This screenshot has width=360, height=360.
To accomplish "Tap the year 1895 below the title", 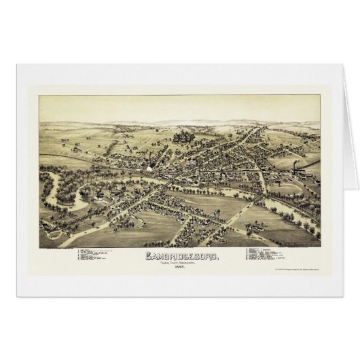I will point(179,269).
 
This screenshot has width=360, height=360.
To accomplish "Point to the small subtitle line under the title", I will point(179,264).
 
